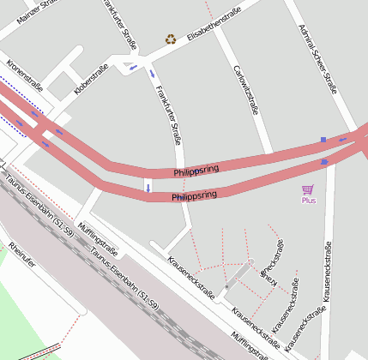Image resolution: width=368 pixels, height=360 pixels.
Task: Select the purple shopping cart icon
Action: pos(308,189)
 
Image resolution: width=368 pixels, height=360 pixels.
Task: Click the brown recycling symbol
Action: pos(171,39)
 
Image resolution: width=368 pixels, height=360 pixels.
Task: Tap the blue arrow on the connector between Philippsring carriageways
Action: pos(148,186)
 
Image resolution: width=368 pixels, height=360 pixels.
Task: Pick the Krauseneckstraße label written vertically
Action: pos(326,273)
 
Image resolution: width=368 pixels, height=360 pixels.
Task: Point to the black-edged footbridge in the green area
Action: pos(40,351)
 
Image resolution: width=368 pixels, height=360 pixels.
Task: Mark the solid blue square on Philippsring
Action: pos(323,140)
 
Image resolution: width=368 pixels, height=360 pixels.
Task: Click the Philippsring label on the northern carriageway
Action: pos(196,171)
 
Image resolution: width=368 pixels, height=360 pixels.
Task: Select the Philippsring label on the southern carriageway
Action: pos(194,196)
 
